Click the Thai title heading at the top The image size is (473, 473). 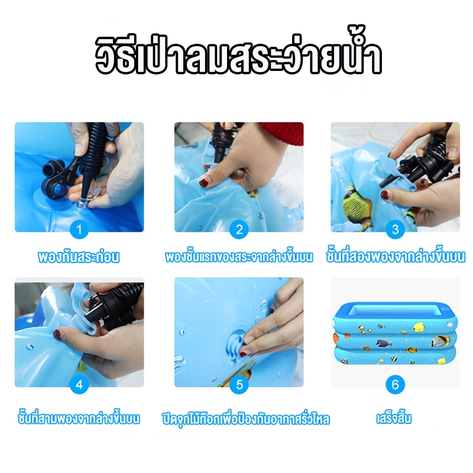pos(238,51)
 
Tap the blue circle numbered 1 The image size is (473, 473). pos(79,229)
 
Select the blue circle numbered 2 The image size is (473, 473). pos(239,229)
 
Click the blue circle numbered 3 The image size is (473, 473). pos(395,229)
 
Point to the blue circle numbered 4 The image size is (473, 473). pos(79,384)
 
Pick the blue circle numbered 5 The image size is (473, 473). pos(239,384)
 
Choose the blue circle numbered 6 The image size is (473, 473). pos(395,384)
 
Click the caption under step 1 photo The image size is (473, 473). pos(79,257)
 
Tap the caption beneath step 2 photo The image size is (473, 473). pos(239,257)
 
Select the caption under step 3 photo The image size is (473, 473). pos(396,256)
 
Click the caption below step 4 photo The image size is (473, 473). pos(79,418)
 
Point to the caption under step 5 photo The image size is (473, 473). pos(245,419)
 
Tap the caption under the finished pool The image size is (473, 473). pos(394,418)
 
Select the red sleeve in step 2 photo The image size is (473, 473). pos(281,132)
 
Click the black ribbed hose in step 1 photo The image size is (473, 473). pos(93,148)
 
